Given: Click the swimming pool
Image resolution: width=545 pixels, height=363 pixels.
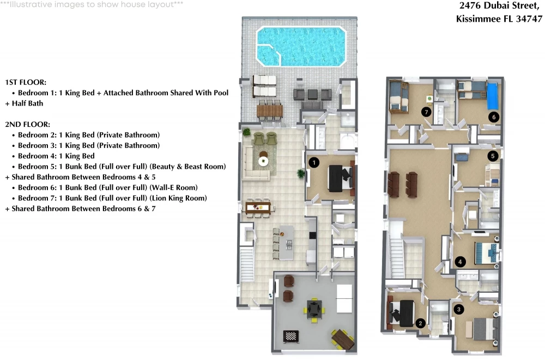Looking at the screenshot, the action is click(301, 46).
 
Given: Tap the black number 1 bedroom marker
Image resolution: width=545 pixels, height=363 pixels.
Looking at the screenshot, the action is click(314, 162).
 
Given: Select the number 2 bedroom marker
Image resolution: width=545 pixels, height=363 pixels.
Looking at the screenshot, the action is click(420, 323).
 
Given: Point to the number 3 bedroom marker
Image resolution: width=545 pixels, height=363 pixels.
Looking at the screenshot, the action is click(459, 309).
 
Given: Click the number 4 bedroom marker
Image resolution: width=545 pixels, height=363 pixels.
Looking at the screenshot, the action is click(460, 262).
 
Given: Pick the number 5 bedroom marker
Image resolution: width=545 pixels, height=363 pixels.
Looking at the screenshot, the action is click(493, 156).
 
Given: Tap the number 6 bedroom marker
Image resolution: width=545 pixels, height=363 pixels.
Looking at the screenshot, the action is click(494, 117).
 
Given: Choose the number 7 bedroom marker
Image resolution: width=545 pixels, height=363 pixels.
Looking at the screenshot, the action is click(426, 112).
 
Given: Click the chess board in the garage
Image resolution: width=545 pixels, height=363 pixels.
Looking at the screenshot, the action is click(291, 336).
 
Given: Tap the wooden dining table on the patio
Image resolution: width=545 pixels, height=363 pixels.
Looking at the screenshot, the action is click(270, 111).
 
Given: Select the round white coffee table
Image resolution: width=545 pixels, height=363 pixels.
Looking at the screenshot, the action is click(263, 161).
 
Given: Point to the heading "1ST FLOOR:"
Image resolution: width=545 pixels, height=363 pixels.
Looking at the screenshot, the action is click(26, 82).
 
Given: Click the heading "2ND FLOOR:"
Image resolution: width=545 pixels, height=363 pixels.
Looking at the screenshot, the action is click(27, 124).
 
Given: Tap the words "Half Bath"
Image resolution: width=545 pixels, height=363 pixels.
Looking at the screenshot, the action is click(27, 103).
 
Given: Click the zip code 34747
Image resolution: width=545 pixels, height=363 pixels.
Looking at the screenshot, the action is click(529, 19).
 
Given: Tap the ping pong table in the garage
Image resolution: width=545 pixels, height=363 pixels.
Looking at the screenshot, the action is click(344, 298).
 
